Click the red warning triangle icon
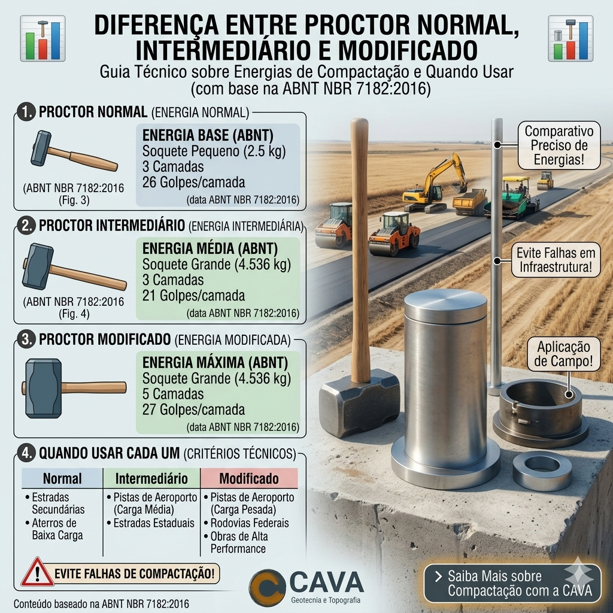[37, 573]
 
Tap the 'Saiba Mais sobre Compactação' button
[512, 583]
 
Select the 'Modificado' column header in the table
[249, 478]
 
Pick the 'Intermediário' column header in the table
[151, 478]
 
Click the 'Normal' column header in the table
[62, 478]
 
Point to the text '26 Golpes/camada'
[193, 182]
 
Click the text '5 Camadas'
[173, 394]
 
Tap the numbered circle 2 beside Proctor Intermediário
[26, 226]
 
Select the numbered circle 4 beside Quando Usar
[26, 453]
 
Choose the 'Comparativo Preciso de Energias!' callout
[559, 145]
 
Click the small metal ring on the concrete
[542, 471]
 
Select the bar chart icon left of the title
[43, 38]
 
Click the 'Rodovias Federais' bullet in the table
[250, 523]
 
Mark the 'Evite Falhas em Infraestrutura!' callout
[556, 260]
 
